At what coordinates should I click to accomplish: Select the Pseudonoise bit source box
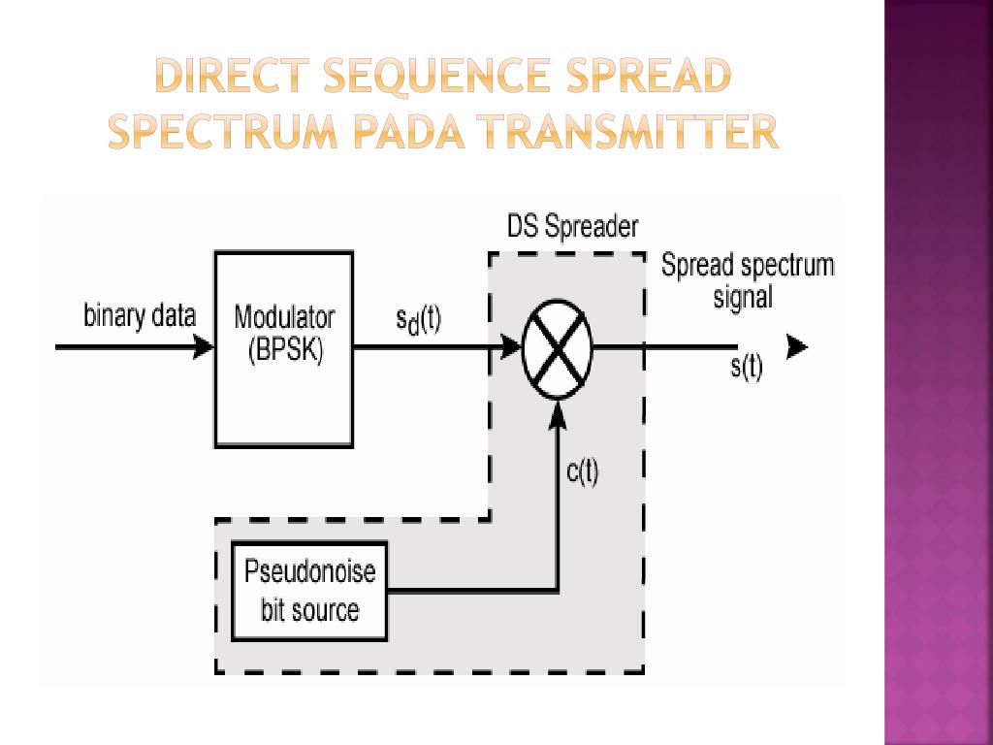pyautogui.click(x=309, y=590)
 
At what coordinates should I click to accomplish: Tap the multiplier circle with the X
pyautogui.click(x=557, y=347)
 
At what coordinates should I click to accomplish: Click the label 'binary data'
pyautogui.click(x=140, y=316)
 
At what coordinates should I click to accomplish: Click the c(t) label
pyautogui.click(x=583, y=472)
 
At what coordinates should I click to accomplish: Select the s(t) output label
pyautogui.click(x=746, y=369)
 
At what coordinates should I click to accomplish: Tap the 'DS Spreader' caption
pyautogui.click(x=573, y=227)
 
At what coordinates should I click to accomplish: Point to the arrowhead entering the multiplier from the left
pyautogui.click(x=510, y=346)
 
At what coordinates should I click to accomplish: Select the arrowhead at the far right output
pyautogui.click(x=796, y=347)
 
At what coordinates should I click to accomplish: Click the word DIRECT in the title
pyautogui.click(x=234, y=77)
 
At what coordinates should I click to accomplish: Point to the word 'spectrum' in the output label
pyautogui.click(x=787, y=266)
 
